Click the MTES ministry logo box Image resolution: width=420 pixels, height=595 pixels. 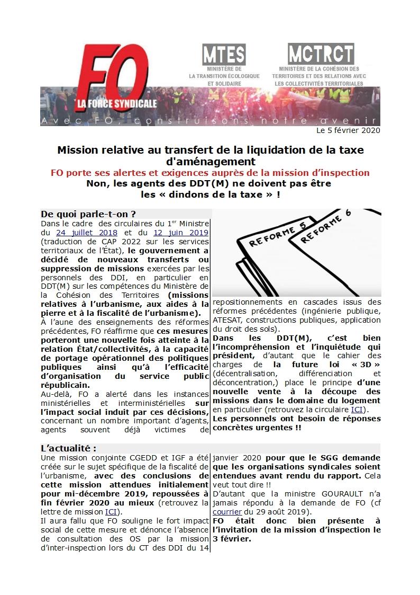[x=224, y=55]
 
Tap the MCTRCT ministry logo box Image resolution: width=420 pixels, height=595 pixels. [x=321, y=54]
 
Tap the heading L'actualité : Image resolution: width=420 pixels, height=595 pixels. [x=69, y=448]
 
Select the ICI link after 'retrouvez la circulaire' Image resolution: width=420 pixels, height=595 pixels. [x=357, y=410]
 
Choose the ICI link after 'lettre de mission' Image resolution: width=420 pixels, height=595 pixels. [x=111, y=512]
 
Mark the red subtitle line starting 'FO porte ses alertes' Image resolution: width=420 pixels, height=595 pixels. [x=210, y=173]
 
